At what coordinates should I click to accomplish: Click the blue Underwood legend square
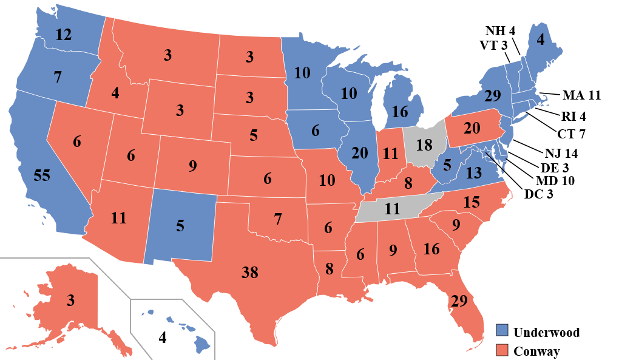(502, 332)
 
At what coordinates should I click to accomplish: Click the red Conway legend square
(502, 351)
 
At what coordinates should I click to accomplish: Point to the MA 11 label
(581, 95)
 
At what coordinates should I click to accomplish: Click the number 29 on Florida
(459, 300)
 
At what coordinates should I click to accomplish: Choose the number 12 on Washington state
(64, 35)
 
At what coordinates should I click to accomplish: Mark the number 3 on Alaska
(71, 301)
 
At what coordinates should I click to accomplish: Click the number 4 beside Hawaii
(162, 338)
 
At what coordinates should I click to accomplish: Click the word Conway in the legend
(536, 351)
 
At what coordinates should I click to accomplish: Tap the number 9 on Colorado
(193, 165)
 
